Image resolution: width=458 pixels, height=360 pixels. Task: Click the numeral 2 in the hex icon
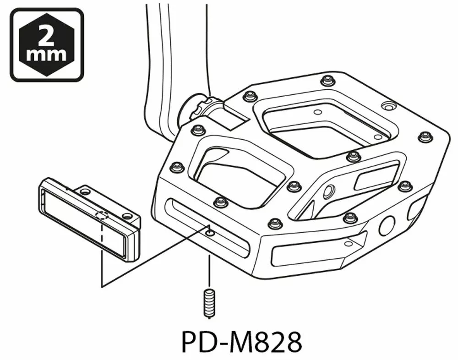pos(46,35)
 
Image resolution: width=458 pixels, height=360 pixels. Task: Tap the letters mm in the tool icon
pos(46,55)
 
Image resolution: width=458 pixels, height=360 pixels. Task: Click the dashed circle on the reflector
pos(102,215)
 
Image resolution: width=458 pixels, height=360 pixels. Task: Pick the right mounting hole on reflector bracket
pos(127,215)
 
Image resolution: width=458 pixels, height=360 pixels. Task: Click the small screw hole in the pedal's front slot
pos(209,233)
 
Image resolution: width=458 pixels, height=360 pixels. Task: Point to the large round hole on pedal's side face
pos(387,225)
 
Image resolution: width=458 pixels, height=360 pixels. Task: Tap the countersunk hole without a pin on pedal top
pos(388,107)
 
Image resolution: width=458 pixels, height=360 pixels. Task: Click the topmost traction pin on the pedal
pos(327,81)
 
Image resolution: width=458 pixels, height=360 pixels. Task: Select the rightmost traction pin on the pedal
pos(425,136)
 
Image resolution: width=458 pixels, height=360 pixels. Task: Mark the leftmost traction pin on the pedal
pos(177,167)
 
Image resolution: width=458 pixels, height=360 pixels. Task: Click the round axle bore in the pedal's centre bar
pos(328,191)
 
